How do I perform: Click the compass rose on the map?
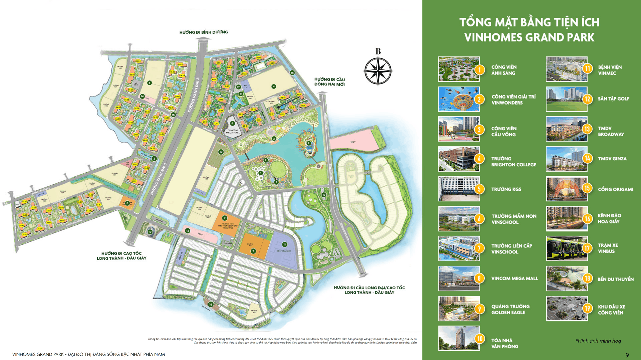(x=378, y=70)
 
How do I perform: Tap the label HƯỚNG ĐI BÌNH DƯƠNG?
(x=204, y=32)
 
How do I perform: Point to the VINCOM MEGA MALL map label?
(x=233, y=132)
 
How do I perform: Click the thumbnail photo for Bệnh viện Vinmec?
(x=566, y=69)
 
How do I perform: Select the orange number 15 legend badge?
(x=587, y=188)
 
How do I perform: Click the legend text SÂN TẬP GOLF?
(x=613, y=99)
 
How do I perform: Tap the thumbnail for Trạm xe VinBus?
(x=566, y=248)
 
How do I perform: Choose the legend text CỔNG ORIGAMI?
(x=615, y=189)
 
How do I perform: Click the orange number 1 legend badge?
(x=479, y=69)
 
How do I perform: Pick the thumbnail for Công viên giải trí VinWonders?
(x=459, y=99)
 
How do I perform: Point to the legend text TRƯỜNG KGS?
(x=506, y=189)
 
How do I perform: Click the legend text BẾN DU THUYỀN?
(x=615, y=279)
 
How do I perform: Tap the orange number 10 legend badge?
(x=479, y=339)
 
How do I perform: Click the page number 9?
(x=627, y=355)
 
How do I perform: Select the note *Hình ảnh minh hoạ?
(x=598, y=341)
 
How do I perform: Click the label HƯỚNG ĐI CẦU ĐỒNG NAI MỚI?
(x=330, y=82)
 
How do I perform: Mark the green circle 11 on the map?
(x=284, y=244)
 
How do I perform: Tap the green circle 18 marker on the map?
(x=211, y=304)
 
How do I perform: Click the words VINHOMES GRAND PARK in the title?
(x=529, y=37)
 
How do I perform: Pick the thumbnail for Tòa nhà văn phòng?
(x=459, y=338)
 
